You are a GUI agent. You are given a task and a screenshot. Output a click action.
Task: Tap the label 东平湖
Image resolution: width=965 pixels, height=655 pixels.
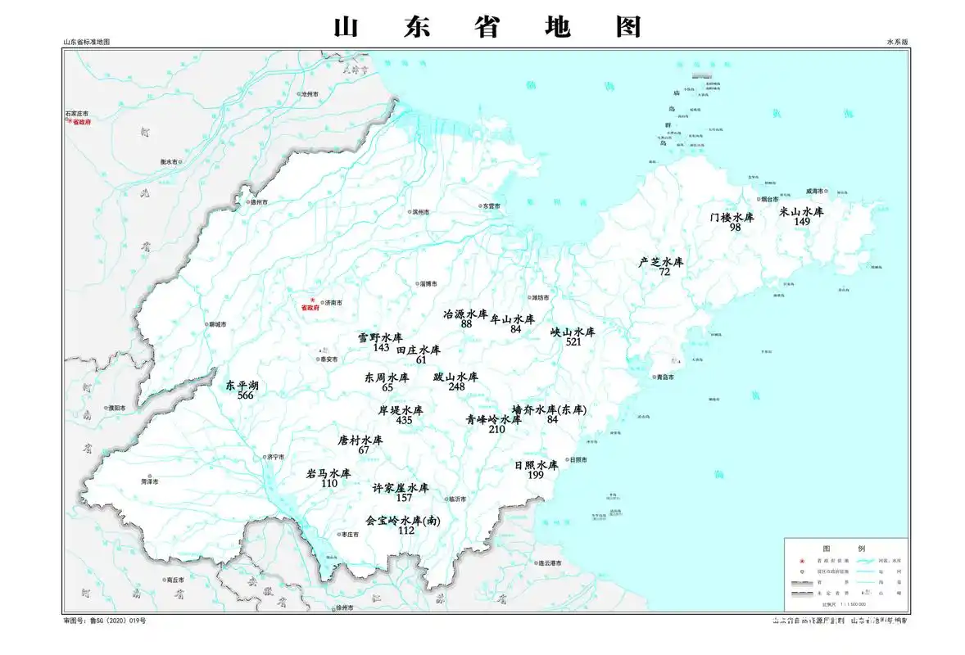coord(242,384)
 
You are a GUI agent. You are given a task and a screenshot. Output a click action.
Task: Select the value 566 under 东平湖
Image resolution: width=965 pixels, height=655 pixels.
coord(245,395)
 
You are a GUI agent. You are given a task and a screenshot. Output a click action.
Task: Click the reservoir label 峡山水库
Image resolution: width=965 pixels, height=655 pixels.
coord(573,332)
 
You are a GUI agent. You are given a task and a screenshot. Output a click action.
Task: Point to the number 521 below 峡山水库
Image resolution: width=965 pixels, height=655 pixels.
coord(573,342)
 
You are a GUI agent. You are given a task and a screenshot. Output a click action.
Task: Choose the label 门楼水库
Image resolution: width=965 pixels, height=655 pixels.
coord(732,217)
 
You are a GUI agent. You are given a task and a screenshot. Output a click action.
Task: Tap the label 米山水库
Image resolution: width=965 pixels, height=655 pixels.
coord(801,211)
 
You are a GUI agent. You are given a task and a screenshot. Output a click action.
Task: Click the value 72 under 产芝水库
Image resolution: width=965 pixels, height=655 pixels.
coord(664,272)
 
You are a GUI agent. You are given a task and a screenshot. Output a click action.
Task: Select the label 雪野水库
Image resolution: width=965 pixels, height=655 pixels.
coord(380,337)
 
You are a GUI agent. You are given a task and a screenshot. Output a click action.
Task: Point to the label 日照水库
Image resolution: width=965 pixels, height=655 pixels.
coord(536,464)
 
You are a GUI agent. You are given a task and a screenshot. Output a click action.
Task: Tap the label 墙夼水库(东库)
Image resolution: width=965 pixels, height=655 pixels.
coord(550,409)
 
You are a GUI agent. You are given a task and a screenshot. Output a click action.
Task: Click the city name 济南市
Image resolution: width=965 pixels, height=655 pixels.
coord(333,303)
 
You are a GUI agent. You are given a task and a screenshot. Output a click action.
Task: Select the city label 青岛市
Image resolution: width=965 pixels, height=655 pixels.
coord(664,377)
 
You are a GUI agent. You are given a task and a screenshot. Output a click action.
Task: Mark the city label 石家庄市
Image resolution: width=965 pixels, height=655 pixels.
coord(77,114)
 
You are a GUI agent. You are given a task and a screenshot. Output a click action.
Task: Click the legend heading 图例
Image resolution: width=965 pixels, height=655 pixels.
coord(844,548)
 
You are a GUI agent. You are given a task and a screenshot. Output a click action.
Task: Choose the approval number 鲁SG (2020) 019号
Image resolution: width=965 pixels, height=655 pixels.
coord(114,621)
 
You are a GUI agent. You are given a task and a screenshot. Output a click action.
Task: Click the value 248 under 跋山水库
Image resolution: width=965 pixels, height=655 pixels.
coord(456,386)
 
